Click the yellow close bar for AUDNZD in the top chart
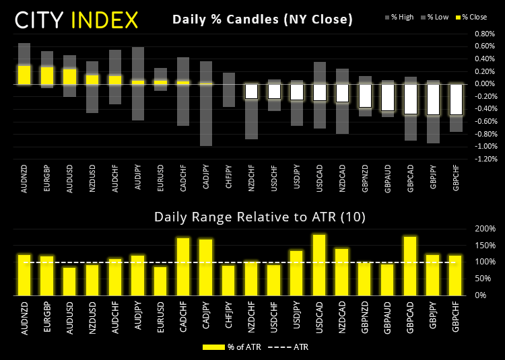(24, 75)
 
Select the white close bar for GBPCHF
(455, 100)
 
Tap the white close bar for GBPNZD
(364, 96)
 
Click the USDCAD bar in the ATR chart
(319, 264)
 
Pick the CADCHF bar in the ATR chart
(183, 266)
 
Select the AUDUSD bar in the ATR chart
(69, 281)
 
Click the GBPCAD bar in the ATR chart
(410, 266)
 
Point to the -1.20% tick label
(484, 159)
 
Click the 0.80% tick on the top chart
(485, 34)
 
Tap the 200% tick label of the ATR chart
(485, 229)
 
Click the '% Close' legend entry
(471, 17)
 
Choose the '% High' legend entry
(399, 17)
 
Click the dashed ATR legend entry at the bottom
(288, 347)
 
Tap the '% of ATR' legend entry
(232, 347)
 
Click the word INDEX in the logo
(104, 20)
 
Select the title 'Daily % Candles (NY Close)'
(263, 20)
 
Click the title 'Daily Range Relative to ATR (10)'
(260, 217)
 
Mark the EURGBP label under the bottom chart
(47, 317)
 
